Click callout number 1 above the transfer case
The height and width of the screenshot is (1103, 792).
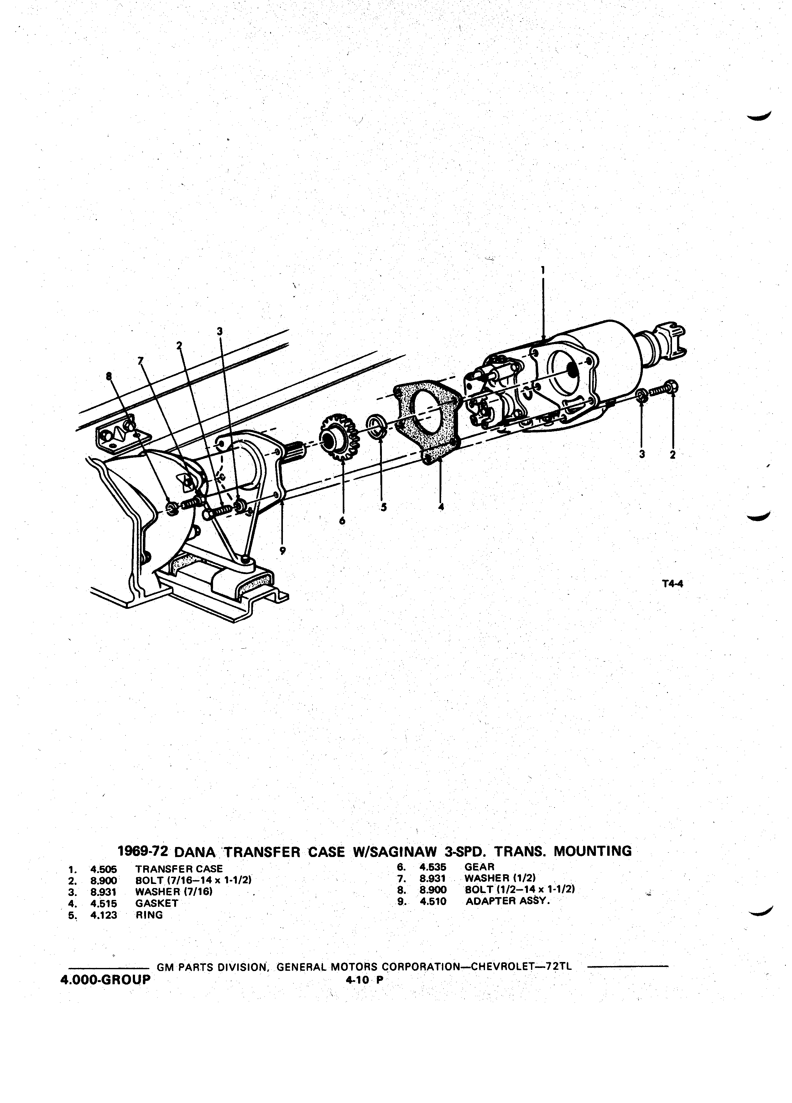coord(543,269)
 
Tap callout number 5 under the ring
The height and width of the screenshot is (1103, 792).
coord(383,507)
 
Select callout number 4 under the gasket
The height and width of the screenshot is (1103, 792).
coord(441,506)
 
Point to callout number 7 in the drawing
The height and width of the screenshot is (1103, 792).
coord(141,360)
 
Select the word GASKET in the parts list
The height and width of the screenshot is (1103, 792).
coord(157,903)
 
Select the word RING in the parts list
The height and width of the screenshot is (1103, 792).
coord(149,915)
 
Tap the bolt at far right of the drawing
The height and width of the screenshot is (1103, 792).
coord(663,388)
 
